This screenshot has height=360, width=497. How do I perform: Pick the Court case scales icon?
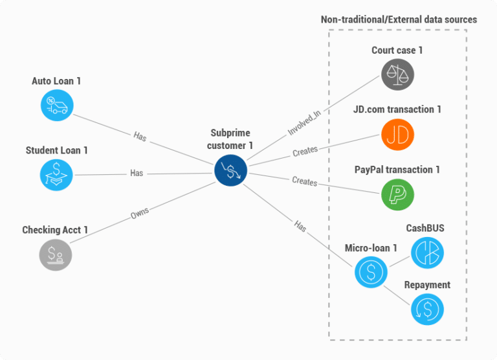397,74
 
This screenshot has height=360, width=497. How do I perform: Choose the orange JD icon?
397,134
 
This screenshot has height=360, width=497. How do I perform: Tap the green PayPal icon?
397,194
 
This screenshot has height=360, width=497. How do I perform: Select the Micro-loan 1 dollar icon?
371,271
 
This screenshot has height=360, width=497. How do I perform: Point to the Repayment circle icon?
427,308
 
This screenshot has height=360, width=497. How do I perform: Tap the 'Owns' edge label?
140,213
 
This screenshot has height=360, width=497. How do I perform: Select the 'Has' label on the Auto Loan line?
140,136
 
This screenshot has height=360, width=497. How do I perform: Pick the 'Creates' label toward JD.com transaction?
305,150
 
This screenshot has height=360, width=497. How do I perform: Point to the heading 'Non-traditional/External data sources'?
399,19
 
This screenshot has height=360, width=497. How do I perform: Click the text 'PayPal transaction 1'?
397,170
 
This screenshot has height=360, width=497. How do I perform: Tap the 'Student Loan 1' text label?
57,150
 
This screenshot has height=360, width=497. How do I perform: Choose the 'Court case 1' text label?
397,51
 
